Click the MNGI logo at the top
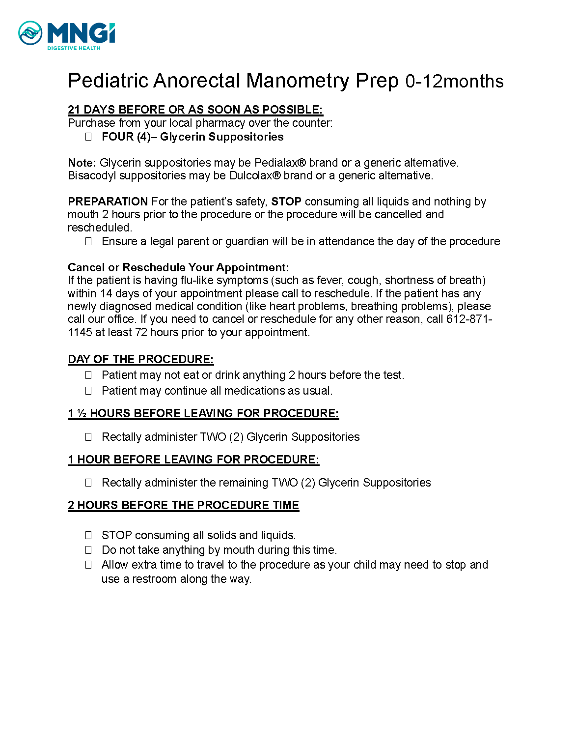tap(66, 35)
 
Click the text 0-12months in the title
tap(454, 82)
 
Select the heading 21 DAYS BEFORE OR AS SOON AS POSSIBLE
tap(195, 110)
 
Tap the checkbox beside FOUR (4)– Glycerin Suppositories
tap(88, 137)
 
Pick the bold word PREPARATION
tap(108, 201)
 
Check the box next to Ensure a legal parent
tap(88, 241)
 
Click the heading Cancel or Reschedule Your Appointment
tap(178, 267)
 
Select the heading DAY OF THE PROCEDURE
tap(140, 359)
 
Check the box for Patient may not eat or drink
tap(88, 375)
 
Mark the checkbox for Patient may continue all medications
tap(88, 391)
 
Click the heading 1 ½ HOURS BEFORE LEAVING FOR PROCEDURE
tap(203, 413)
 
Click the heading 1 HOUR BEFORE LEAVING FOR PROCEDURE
tap(193, 459)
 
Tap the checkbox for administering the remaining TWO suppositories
tap(88, 483)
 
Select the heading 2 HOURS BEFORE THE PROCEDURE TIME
tap(183, 505)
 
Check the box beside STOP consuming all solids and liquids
tap(88, 535)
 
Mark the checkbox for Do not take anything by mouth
tap(88, 550)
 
